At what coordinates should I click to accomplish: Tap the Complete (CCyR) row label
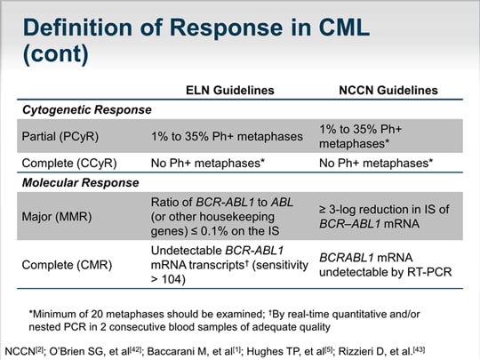pos(70,164)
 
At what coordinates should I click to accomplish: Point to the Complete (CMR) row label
pos(67,264)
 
